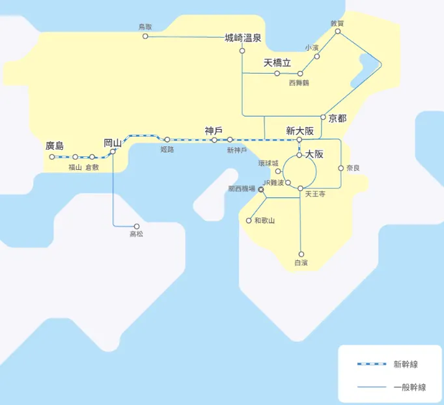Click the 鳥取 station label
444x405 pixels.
(x=145, y=27)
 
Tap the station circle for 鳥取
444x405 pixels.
(x=145, y=36)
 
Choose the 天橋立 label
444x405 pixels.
(x=277, y=63)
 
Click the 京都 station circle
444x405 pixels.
(x=323, y=118)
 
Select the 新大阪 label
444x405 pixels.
(x=300, y=131)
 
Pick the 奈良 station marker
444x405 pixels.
(x=340, y=168)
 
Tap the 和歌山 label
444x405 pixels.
(x=264, y=221)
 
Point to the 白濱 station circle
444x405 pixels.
(x=301, y=254)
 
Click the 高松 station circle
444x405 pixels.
(x=137, y=226)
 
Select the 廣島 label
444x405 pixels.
(x=55, y=146)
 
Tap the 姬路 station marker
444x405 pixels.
(x=167, y=139)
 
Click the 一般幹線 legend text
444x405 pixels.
(x=410, y=387)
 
